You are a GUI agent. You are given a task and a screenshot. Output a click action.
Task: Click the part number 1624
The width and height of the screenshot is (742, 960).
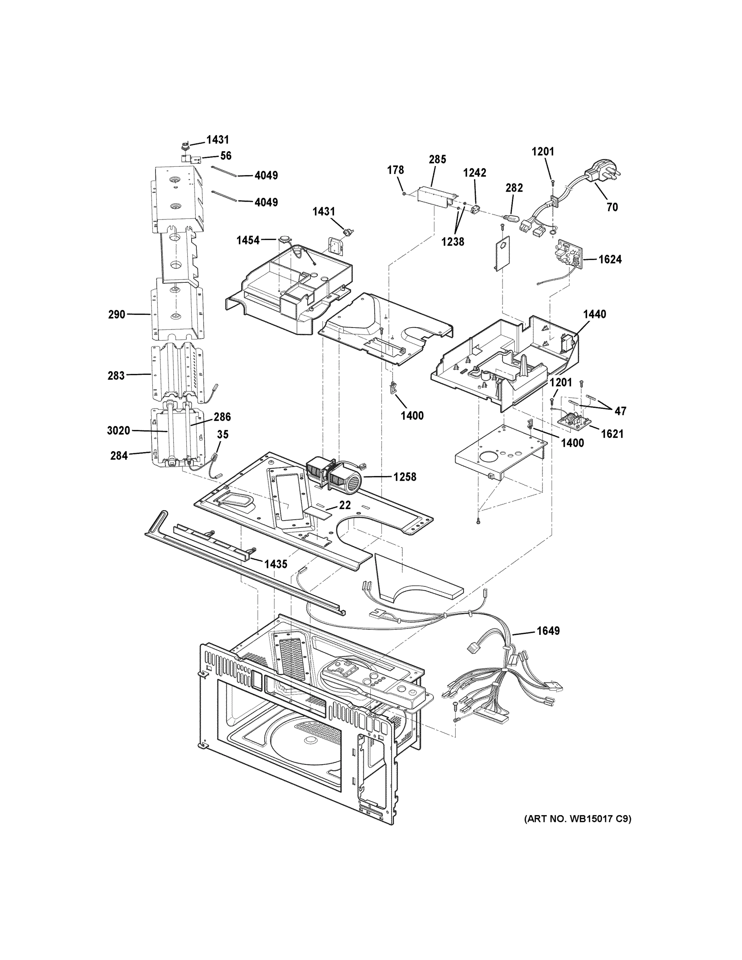tap(610, 259)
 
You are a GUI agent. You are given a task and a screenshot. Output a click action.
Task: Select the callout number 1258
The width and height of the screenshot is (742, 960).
tap(404, 477)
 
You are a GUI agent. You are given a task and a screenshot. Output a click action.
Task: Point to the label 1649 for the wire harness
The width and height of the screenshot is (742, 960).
tap(548, 631)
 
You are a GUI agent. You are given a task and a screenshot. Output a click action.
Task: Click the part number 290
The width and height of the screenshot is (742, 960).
tap(116, 314)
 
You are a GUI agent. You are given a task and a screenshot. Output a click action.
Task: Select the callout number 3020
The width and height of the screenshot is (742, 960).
tap(118, 430)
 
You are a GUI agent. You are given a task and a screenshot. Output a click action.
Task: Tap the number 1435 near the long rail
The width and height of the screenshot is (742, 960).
tap(275, 564)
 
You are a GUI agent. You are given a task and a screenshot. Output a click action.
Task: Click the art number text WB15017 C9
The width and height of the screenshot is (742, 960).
tap(577, 818)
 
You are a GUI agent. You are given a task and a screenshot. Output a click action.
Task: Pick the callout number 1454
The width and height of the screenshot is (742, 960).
tap(248, 240)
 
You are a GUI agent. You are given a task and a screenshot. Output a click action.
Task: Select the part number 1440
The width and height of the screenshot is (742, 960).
tap(594, 314)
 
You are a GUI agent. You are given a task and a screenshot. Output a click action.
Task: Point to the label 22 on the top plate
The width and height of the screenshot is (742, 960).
tap(345, 505)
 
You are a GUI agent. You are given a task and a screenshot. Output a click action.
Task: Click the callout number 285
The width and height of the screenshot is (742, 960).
tap(437, 159)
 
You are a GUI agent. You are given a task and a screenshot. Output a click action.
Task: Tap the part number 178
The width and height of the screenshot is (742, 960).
tap(396, 170)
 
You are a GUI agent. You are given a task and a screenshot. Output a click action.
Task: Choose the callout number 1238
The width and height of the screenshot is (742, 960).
tap(453, 241)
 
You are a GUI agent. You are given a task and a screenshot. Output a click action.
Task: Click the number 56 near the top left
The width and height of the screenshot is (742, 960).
tap(226, 156)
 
